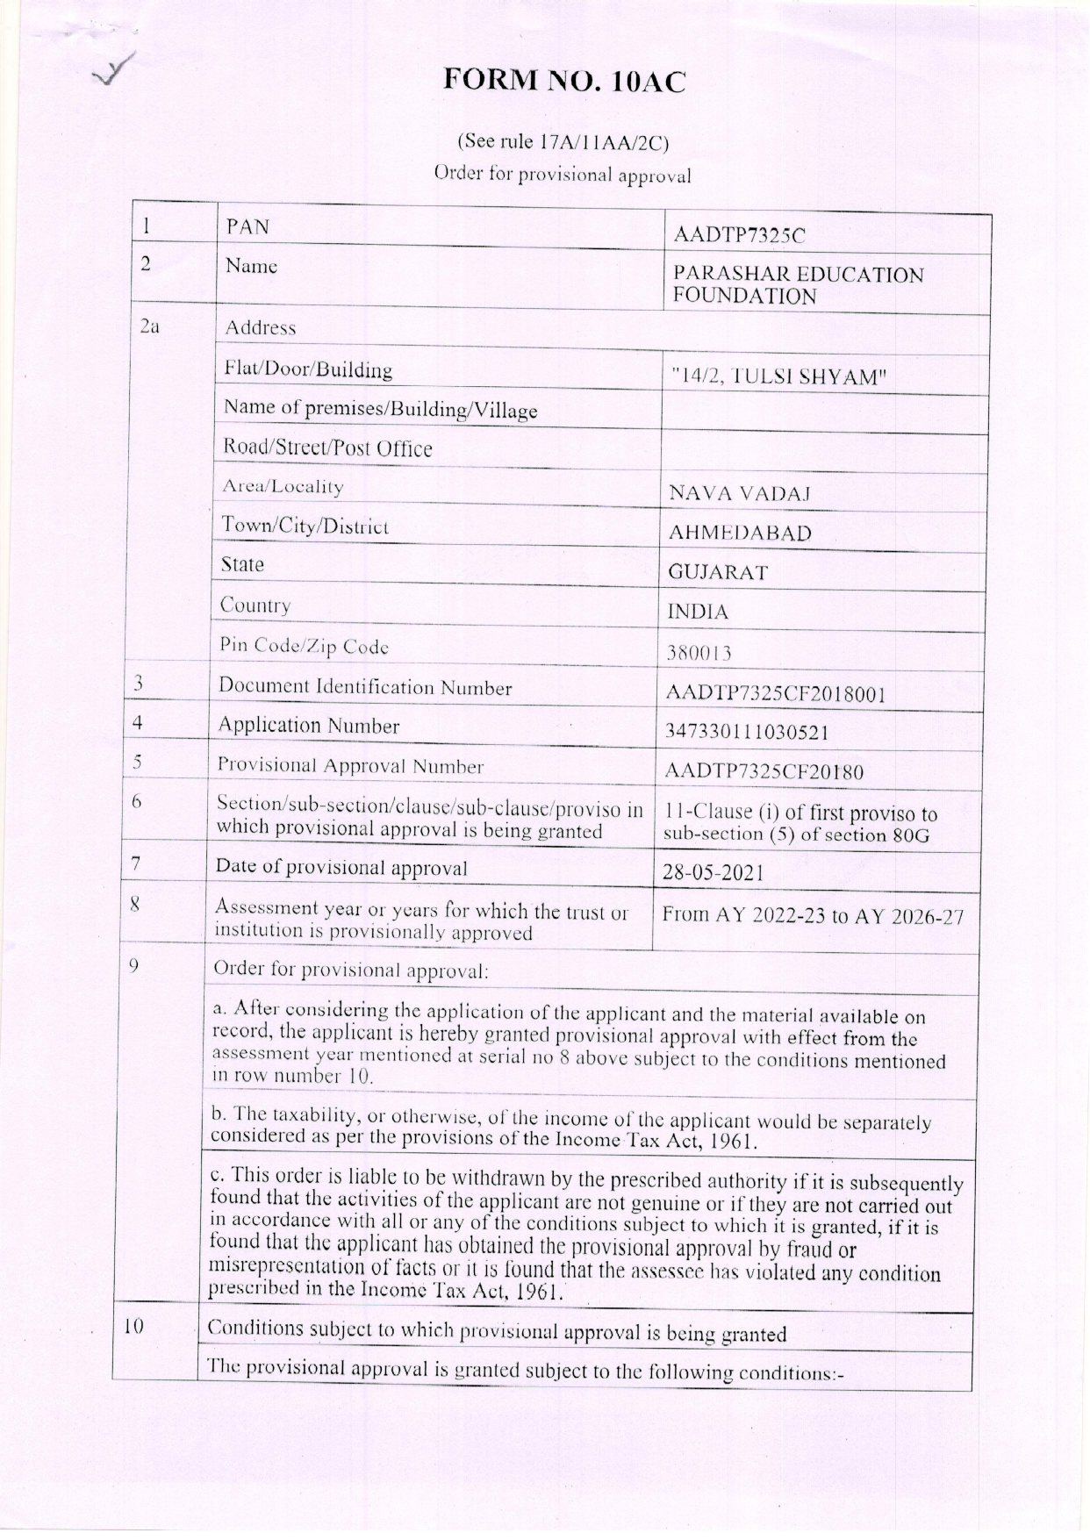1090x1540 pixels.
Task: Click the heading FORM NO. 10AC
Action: tap(563, 82)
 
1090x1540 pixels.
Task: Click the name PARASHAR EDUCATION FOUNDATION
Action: tap(798, 285)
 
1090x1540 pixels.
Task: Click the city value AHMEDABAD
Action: tap(740, 533)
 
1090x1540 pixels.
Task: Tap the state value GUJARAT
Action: tap(718, 573)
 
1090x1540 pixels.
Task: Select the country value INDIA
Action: tap(698, 612)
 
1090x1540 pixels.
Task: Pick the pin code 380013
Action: tap(699, 653)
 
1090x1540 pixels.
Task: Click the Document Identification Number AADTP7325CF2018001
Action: tap(775, 694)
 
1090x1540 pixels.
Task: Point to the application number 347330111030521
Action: tap(747, 732)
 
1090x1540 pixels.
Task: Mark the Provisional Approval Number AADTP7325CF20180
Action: tap(764, 772)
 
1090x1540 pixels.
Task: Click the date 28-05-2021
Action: tap(713, 873)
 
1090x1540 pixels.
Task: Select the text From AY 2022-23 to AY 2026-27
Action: tap(812, 916)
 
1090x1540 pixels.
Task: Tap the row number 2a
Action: tap(150, 326)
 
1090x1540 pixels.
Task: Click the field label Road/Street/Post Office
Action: tap(328, 448)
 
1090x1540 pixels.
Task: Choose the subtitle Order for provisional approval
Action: tap(563, 174)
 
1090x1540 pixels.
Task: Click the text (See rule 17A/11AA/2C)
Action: tap(563, 142)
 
